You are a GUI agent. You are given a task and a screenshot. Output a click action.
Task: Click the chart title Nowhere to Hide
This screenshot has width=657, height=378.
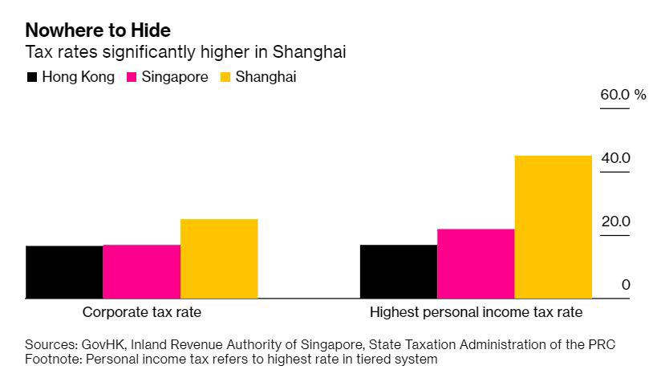[98, 30]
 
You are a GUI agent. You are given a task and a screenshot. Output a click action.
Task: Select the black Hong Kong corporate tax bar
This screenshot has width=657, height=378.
[64, 272]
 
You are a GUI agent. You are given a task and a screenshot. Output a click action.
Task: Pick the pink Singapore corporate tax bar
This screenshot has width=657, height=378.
[141, 271]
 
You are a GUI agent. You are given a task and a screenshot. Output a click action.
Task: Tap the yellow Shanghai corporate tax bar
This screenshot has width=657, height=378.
[219, 258]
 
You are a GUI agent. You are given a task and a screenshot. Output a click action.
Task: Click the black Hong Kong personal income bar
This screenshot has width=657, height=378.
[398, 271]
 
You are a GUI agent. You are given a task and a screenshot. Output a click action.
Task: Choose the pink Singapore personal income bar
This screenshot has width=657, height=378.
[475, 263]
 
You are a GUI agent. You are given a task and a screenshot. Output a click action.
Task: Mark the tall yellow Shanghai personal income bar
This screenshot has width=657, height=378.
[553, 227]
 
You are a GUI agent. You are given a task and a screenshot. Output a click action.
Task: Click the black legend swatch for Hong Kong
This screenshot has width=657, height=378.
[32, 78]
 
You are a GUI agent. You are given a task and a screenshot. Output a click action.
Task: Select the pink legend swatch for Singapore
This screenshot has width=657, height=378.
[132, 78]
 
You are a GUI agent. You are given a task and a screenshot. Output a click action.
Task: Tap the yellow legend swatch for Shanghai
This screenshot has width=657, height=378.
[225, 78]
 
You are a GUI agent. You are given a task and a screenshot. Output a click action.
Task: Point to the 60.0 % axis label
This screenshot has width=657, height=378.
[623, 95]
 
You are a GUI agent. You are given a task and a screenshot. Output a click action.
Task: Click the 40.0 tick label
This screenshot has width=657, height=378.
[615, 158]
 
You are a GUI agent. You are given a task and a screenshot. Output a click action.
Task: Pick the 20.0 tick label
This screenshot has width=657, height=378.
[615, 222]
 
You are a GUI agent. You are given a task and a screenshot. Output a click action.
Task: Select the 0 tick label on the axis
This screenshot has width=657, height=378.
[626, 285]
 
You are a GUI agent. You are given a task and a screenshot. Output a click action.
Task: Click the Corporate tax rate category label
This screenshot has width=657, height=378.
[142, 312]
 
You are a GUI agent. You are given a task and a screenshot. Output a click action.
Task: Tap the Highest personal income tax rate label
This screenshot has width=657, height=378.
[476, 312]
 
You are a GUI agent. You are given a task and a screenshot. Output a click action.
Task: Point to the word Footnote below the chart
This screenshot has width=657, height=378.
[53, 359]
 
